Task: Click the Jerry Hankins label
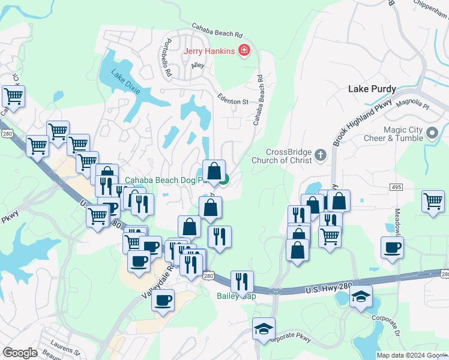(209, 51)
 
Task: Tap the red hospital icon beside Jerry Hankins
(243, 50)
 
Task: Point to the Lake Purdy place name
(372, 89)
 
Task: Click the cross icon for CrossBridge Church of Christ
(321, 155)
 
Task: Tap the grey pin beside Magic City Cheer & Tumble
(432, 133)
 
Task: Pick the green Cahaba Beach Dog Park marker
(223, 179)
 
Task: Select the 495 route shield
(395, 188)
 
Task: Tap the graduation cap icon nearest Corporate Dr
(361, 296)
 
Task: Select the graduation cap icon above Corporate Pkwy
(263, 328)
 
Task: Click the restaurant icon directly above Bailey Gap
(242, 280)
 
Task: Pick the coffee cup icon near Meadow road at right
(392, 247)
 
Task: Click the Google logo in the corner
(20, 353)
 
